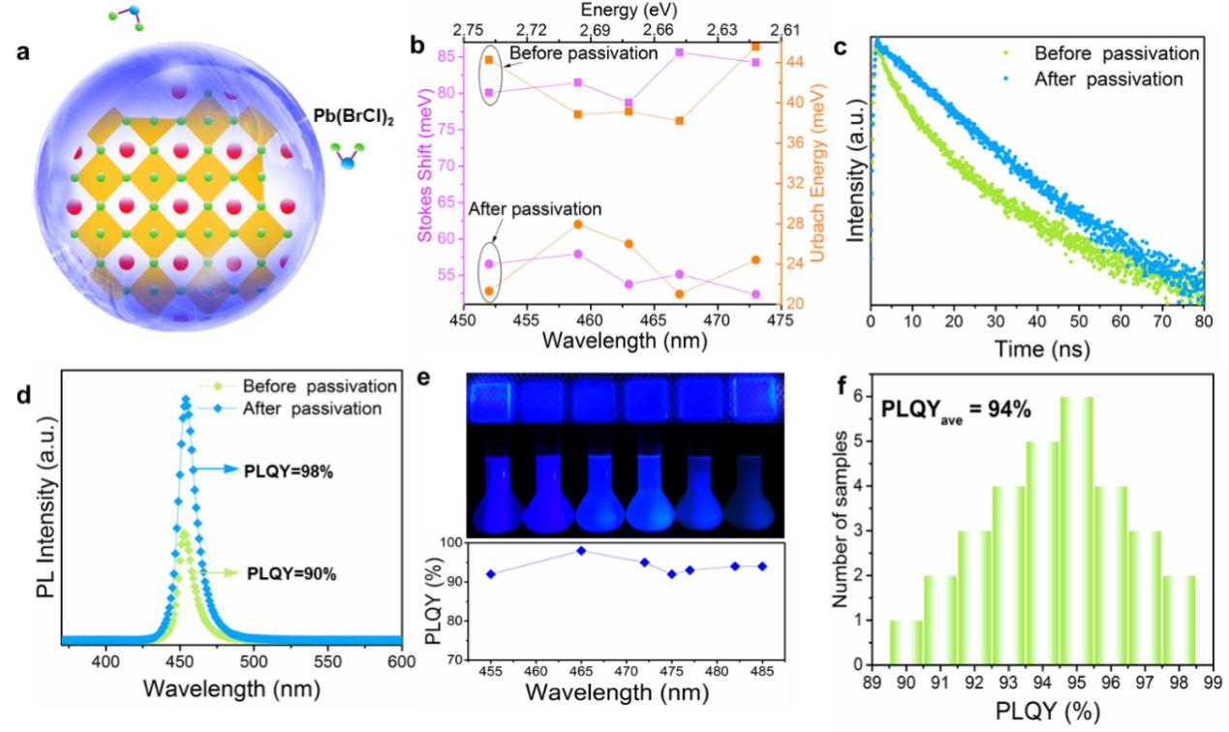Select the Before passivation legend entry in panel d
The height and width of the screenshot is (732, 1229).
click(x=322, y=386)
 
